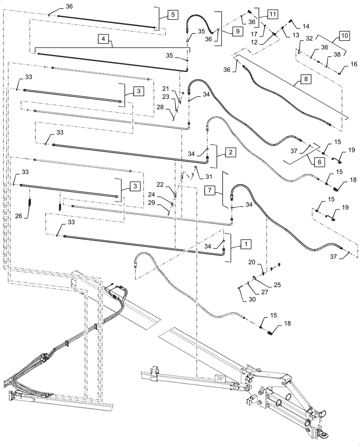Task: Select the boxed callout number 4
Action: click(103, 39)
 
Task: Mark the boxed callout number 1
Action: click(245, 244)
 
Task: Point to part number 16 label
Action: click(354, 64)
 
